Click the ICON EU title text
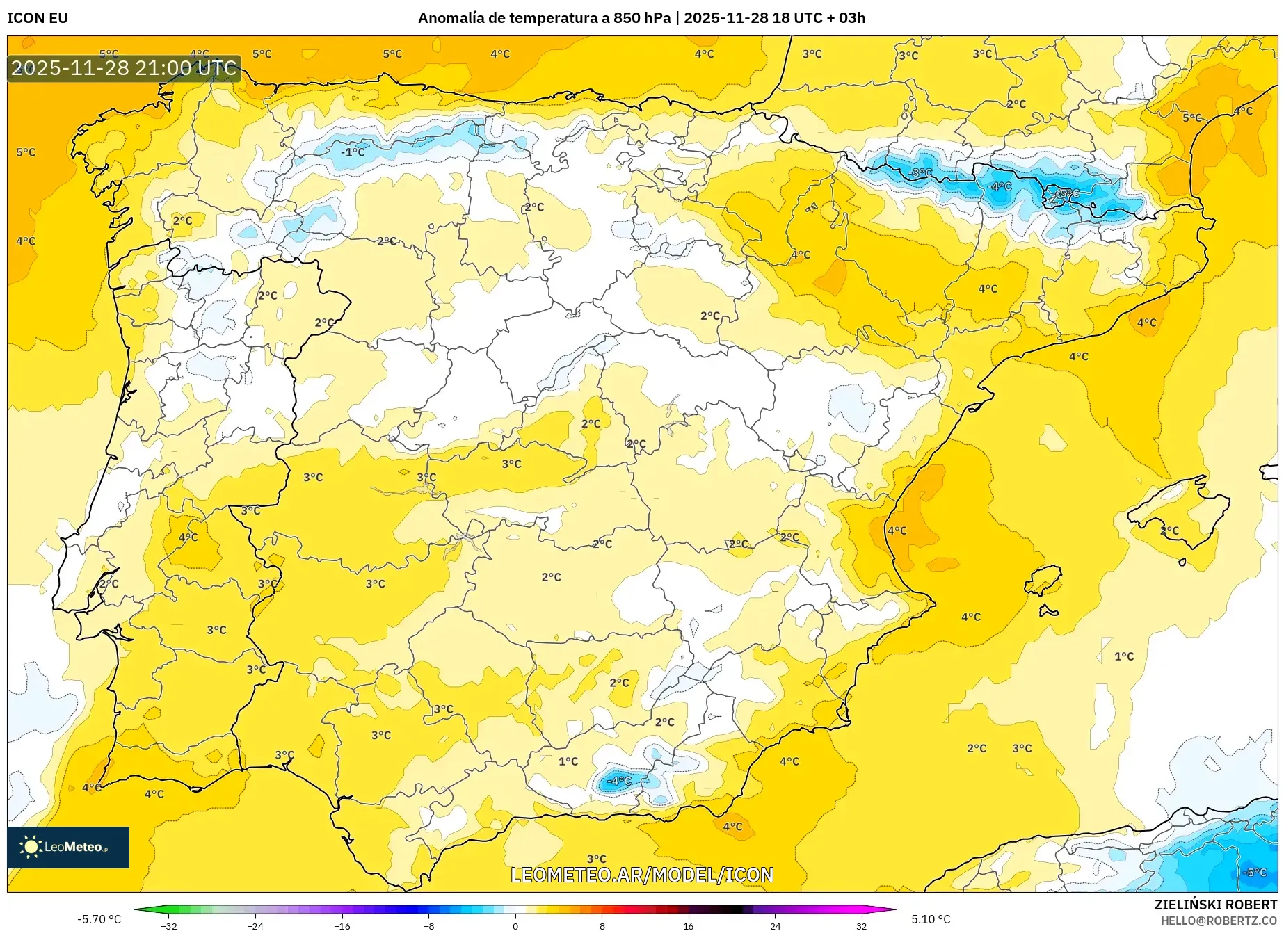pyautogui.click(x=38, y=18)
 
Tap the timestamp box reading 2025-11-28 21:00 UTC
pyautogui.click(x=124, y=68)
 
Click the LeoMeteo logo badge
pyautogui.click(x=68, y=847)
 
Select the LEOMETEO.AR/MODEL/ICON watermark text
pyautogui.click(x=642, y=875)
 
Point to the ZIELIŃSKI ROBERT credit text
pyautogui.click(x=1215, y=905)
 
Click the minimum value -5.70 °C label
pyautogui.click(x=99, y=919)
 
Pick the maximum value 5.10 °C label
pyautogui.click(x=931, y=919)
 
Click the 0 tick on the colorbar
pyautogui.click(x=515, y=925)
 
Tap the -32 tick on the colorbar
pyautogui.click(x=169, y=925)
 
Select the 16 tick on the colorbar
pyautogui.click(x=688, y=925)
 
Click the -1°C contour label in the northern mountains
pyautogui.click(x=353, y=152)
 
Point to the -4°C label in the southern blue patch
pyautogui.click(x=619, y=781)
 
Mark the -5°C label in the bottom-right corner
pyautogui.click(x=1255, y=872)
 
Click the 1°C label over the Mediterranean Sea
pyautogui.click(x=1124, y=656)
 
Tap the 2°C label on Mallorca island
pyautogui.click(x=1170, y=531)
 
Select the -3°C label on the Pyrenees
pyautogui.click(x=920, y=172)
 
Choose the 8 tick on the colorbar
pyautogui.click(x=602, y=925)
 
